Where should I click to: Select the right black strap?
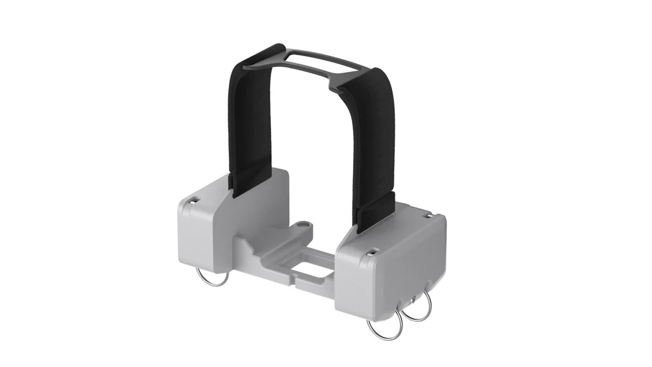[x=374, y=141]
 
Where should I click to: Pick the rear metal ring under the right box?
[x=419, y=308]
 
